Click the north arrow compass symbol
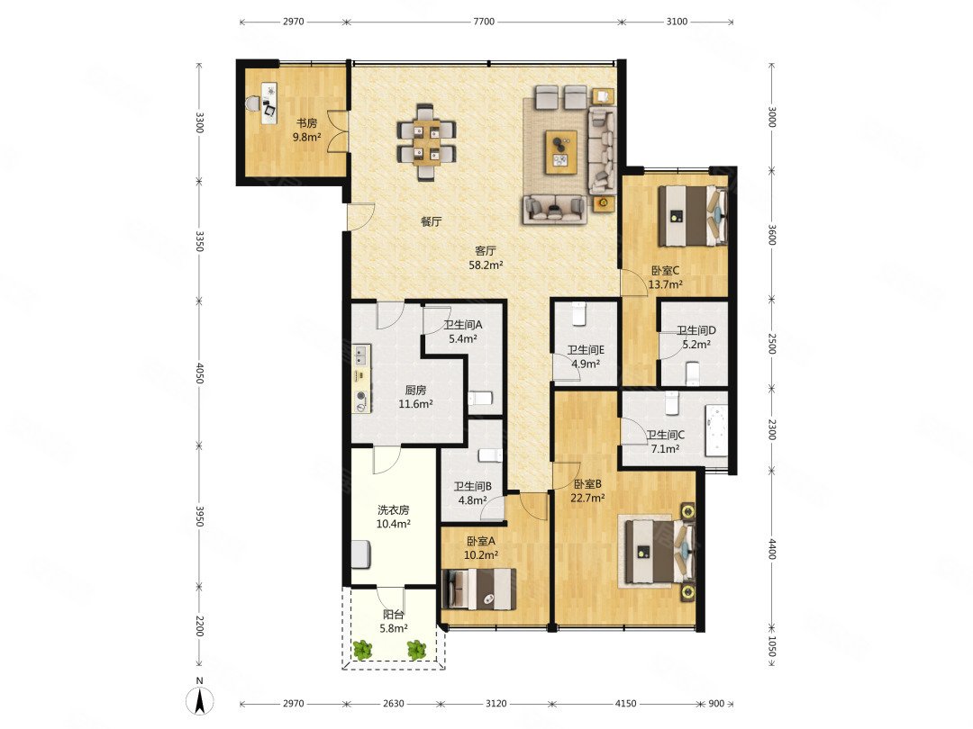pyautogui.click(x=200, y=701)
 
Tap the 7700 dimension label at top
pyautogui.click(x=484, y=22)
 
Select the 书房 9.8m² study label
pyautogui.click(x=306, y=130)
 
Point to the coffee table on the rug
pyautogui.click(x=561, y=152)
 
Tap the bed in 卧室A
pyautogui.click(x=478, y=589)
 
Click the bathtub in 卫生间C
pyautogui.click(x=716, y=430)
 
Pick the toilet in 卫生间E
pyautogui.click(x=579, y=314)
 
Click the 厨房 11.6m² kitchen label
pyautogui.click(x=415, y=397)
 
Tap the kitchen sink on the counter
pyautogui.click(x=360, y=355)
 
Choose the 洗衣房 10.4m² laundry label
pyautogui.click(x=394, y=517)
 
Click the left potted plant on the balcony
pyautogui.click(x=362, y=649)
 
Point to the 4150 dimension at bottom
pyautogui.click(x=625, y=704)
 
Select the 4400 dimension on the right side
pyautogui.click(x=773, y=549)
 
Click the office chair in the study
pyautogui.click(x=253, y=103)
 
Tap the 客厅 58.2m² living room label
pyautogui.click(x=486, y=258)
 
